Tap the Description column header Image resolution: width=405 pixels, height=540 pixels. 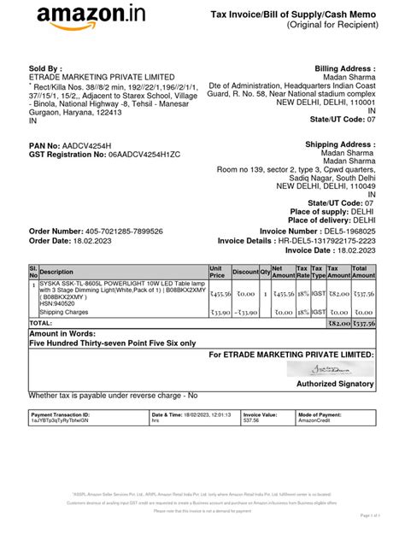57,273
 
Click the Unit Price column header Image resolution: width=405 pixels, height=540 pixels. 217,272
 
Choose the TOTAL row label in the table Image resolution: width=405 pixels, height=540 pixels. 41,324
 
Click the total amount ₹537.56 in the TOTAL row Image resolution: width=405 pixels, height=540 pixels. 363,324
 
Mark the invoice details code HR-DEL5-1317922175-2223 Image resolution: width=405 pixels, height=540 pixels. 322,241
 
